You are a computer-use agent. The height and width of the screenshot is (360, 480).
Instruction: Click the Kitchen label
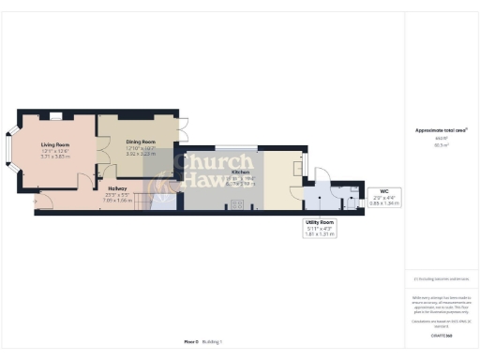[239, 172]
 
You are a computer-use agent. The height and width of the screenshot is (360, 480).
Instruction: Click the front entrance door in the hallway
[37, 199]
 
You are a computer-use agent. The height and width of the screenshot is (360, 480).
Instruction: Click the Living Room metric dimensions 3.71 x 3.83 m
[56, 157]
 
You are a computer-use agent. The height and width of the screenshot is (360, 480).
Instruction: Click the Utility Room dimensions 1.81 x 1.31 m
[320, 236]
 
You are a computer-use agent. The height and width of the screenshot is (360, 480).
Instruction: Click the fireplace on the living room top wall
[56, 115]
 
